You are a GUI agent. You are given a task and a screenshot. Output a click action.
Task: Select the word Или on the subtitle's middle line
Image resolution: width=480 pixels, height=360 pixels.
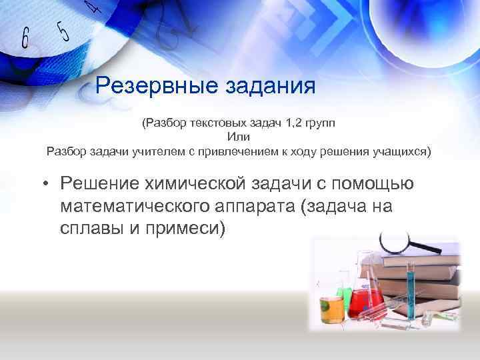coord(238,136)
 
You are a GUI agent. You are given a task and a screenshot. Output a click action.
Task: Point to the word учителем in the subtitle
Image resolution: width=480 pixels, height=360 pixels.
coord(151,150)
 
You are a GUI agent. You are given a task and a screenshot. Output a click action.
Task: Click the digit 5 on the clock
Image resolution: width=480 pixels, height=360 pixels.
coord(64,30)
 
